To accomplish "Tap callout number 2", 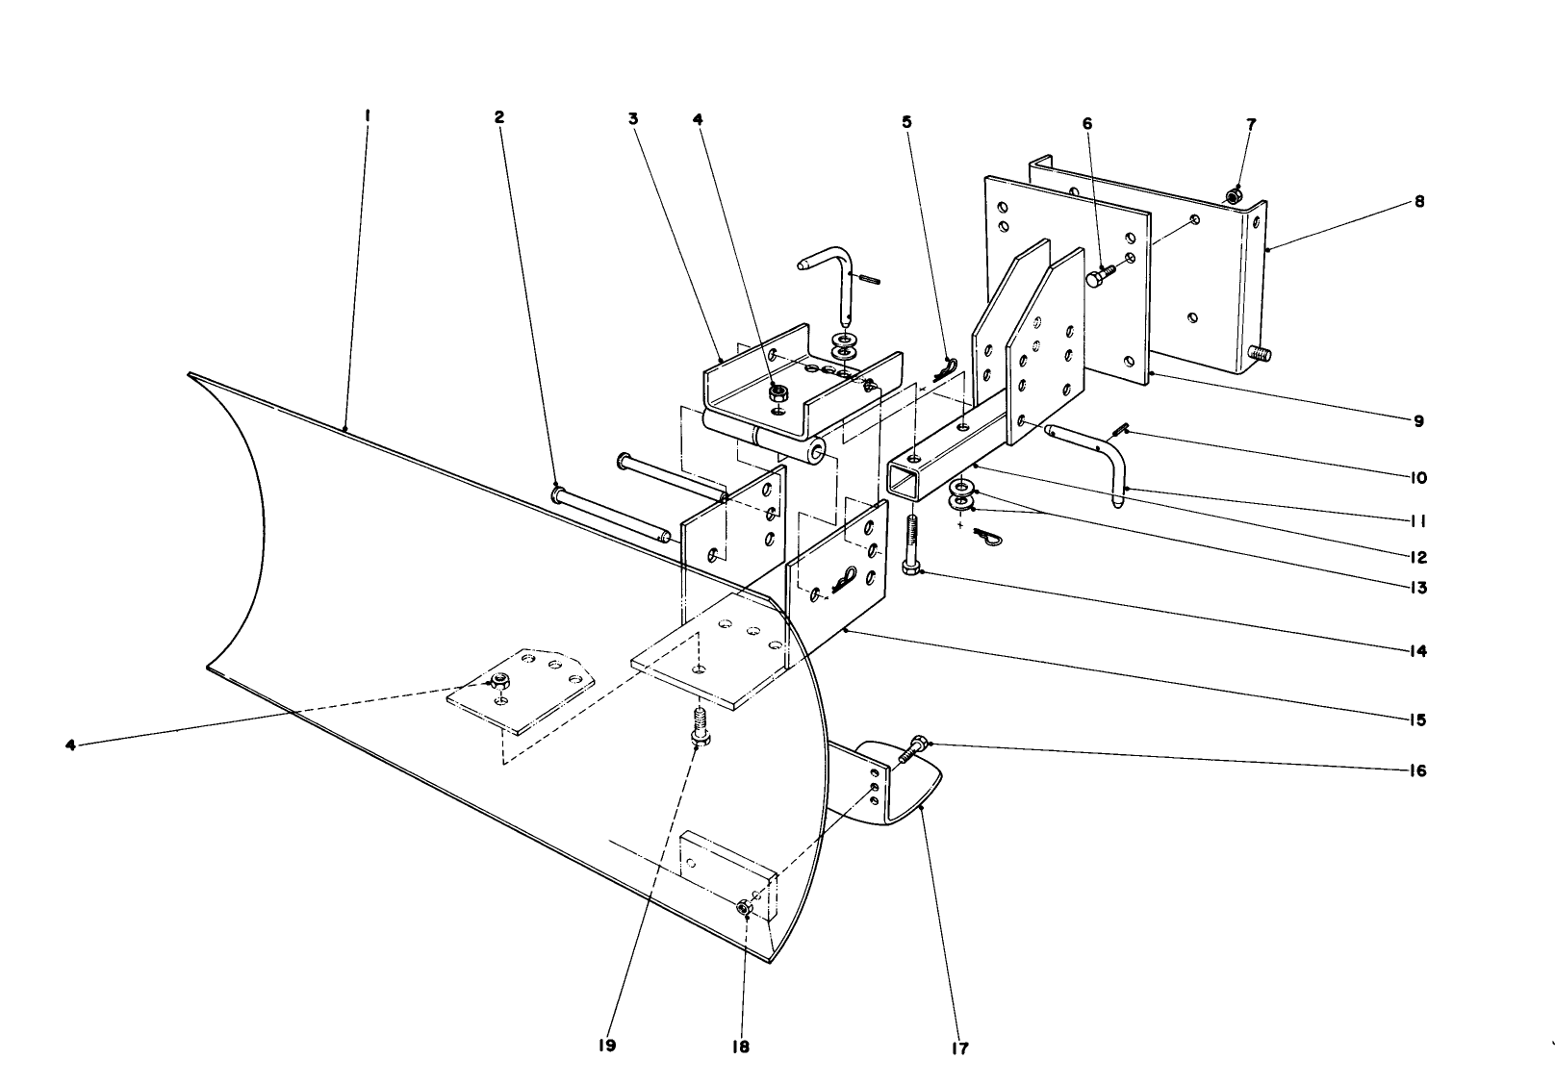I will coord(498,116).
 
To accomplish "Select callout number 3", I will coord(633,119).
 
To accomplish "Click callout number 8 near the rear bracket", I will coord(1419,202).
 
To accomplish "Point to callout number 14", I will coord(1417,651).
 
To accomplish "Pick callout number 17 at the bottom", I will coord(959,1048).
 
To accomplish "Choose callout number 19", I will coord(606,1046).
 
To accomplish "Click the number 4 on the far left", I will coord(70,744).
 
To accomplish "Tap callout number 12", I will coord(1419,557).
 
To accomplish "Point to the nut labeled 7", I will coord(1232,197).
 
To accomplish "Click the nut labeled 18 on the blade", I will coord(743,908).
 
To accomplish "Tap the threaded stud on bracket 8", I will coord(1260,355).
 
